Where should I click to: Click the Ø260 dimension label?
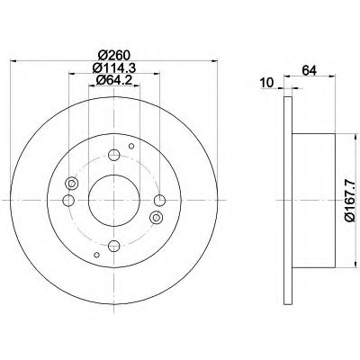(x=114, y=55)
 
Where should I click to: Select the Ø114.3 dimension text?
(x=114, y=68)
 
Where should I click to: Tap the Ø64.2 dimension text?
(x=114, y=80)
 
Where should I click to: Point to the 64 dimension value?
(x=310, y=70)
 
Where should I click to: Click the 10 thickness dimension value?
(x=266, y=83)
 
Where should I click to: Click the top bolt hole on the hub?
(x=114, y=155)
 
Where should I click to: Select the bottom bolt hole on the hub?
(x=114, y=246)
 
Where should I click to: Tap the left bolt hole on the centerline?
(x=68, y=200)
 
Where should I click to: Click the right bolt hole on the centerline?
(x=159, y=200)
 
